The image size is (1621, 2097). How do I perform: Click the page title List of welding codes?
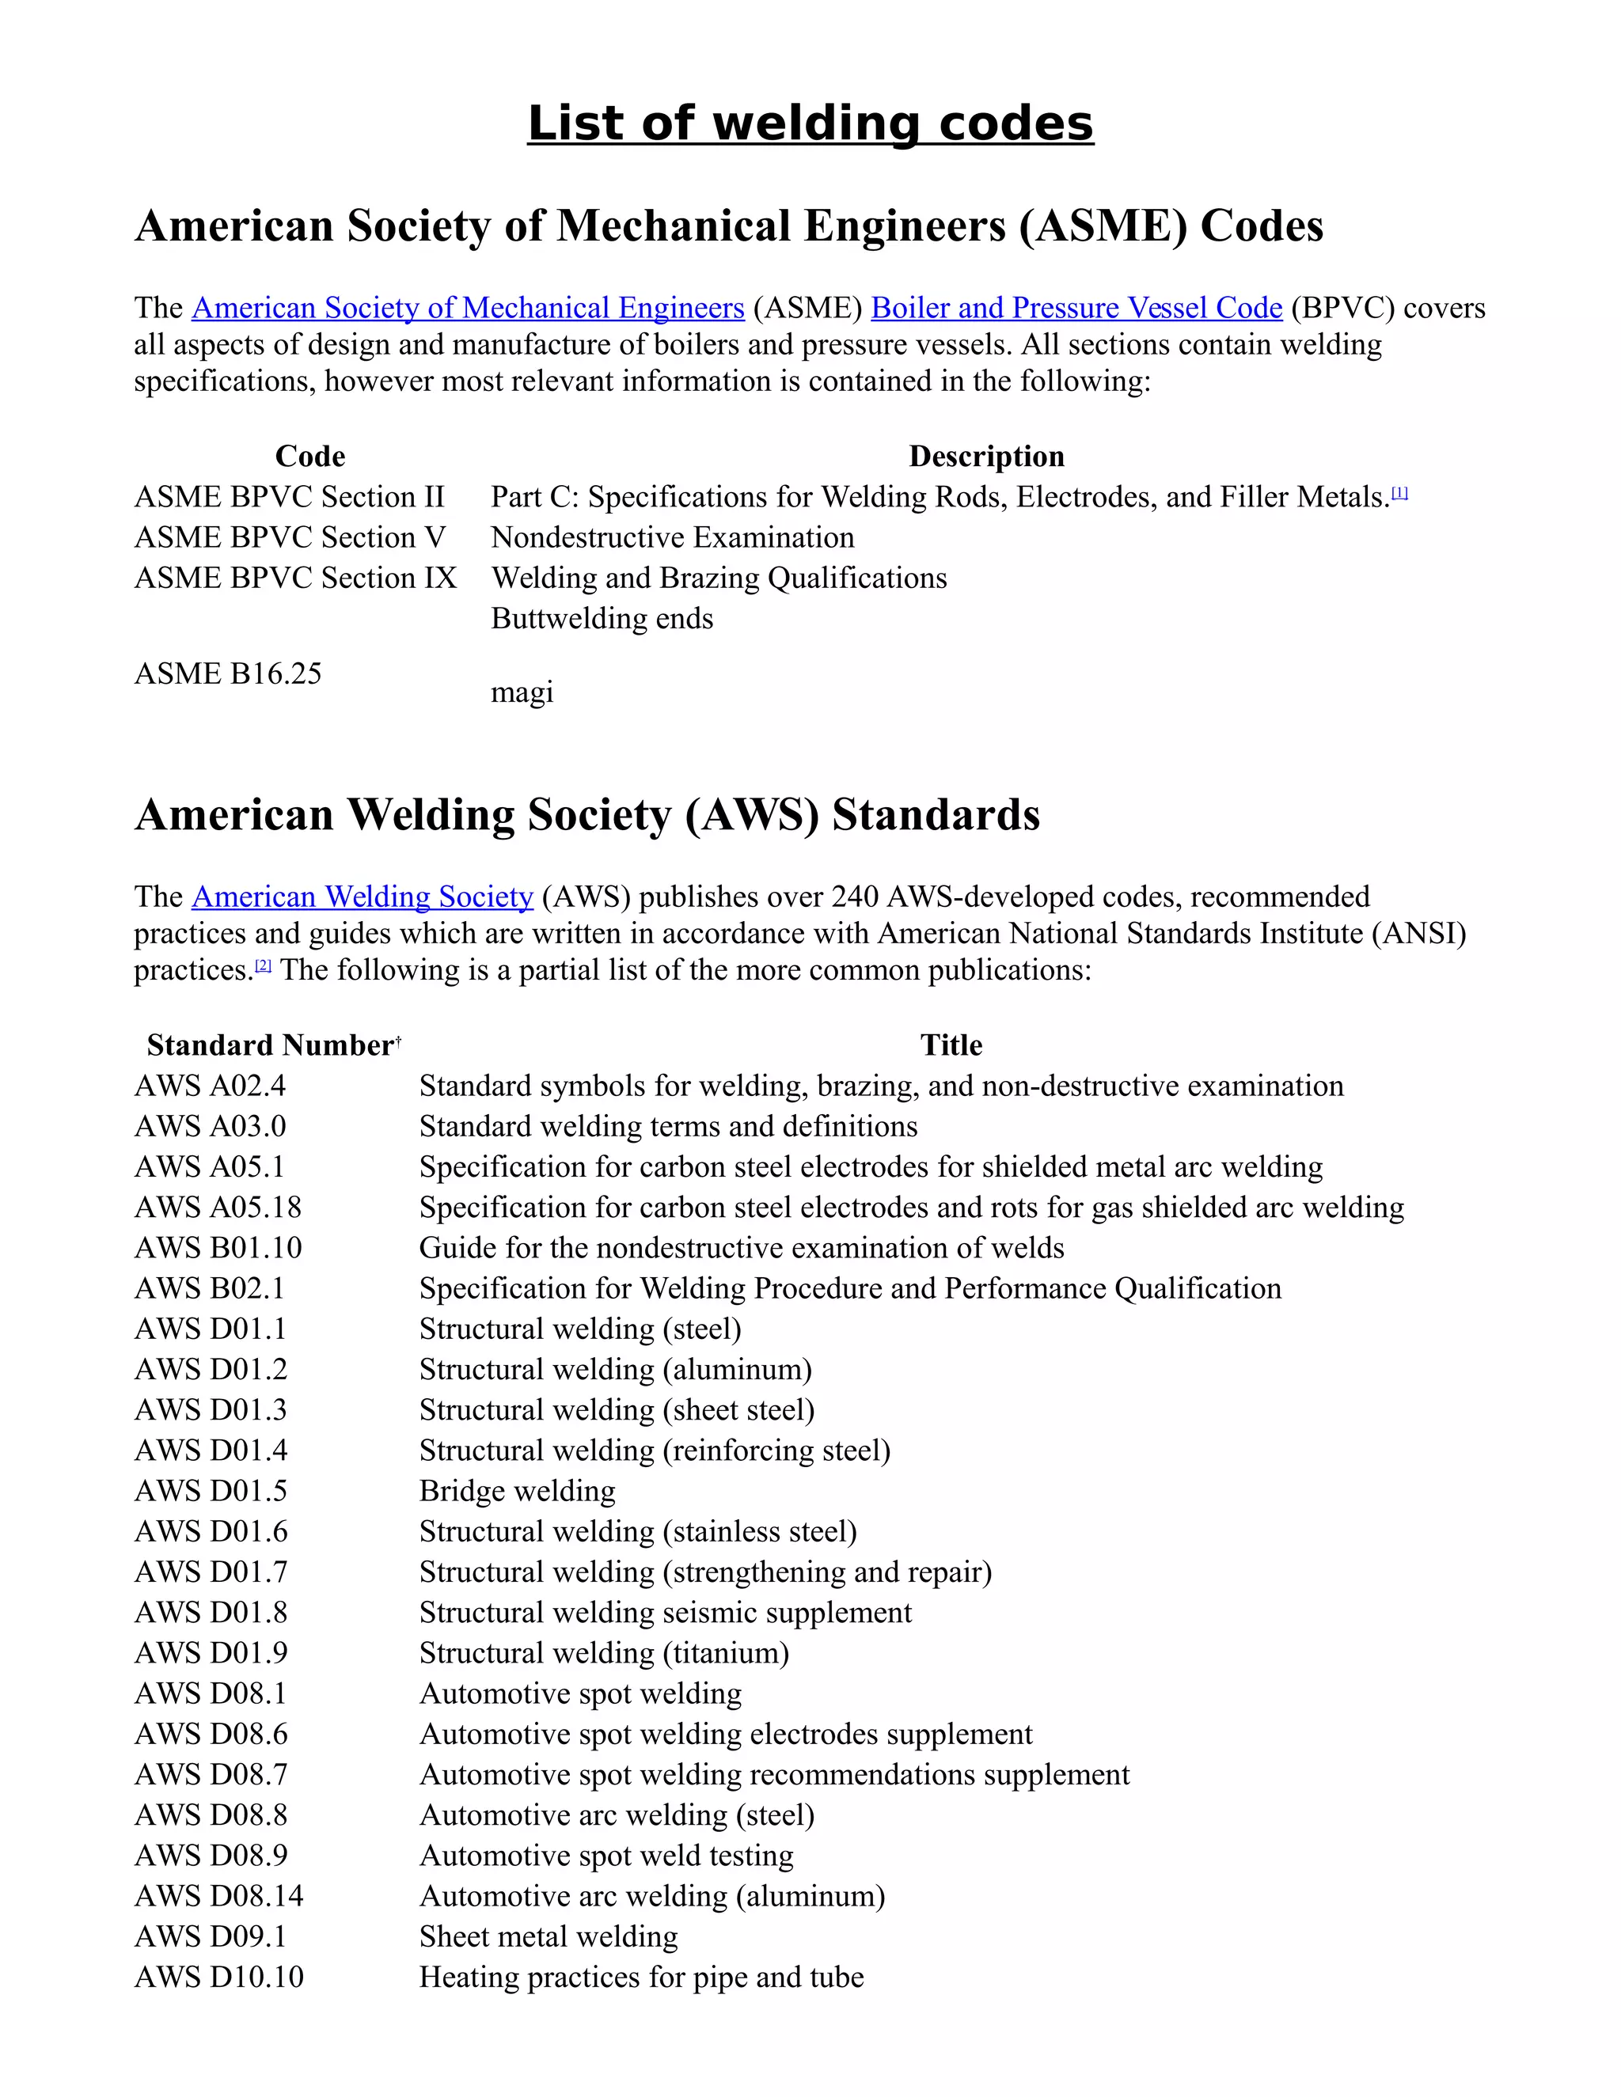point(810,124)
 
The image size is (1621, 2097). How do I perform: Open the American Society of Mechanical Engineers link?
point(468,308)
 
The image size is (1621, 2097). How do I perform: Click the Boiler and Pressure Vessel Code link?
point(1076,308)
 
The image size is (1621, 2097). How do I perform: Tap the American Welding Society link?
point(362,897)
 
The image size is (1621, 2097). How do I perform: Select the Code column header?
point(310,456)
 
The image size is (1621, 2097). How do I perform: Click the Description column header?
point(986,456)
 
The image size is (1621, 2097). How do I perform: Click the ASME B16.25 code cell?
point(228,674)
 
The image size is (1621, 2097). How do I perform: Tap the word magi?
point(522,692)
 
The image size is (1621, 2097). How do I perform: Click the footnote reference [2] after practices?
point(263,967)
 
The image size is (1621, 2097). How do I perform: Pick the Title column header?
point(951,1045)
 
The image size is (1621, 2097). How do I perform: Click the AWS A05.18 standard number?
point(218,1208)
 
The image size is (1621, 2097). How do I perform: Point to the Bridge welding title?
point(517,1491)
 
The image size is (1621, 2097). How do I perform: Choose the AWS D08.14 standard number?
point(219,1896)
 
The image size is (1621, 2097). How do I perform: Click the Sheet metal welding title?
point(549,1936)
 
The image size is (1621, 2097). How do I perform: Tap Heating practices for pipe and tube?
point(640,1977)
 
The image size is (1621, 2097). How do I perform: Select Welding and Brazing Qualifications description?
point(719,578)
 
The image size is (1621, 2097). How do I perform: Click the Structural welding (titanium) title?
point(604,1653)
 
